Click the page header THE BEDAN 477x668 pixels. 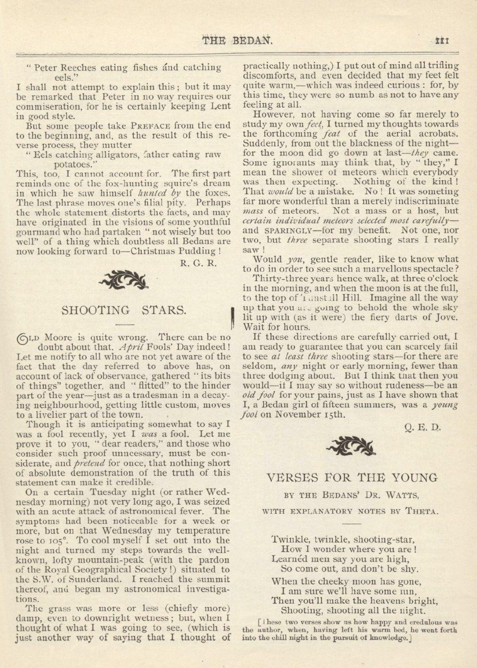point(238,41)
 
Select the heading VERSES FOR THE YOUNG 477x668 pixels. point(352,478)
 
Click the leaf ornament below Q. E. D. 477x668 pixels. point(351,447)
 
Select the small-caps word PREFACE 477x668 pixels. point(153,126)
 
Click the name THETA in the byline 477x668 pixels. point(421,510)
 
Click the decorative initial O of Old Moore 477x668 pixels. point(23,337)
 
